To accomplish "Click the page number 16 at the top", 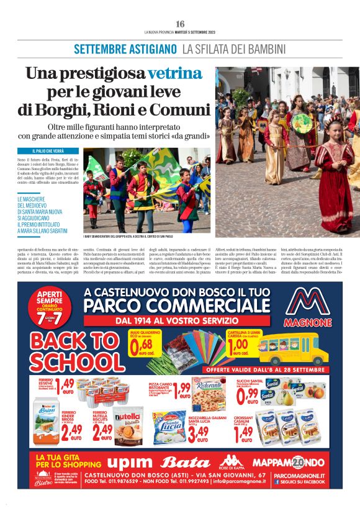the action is pos(180,24).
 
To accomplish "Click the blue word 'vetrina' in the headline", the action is pos(174,73).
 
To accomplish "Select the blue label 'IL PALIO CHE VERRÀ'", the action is pos(48,151).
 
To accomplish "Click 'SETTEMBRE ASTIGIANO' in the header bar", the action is pos(125,49).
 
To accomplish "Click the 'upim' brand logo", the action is pos(133,462).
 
